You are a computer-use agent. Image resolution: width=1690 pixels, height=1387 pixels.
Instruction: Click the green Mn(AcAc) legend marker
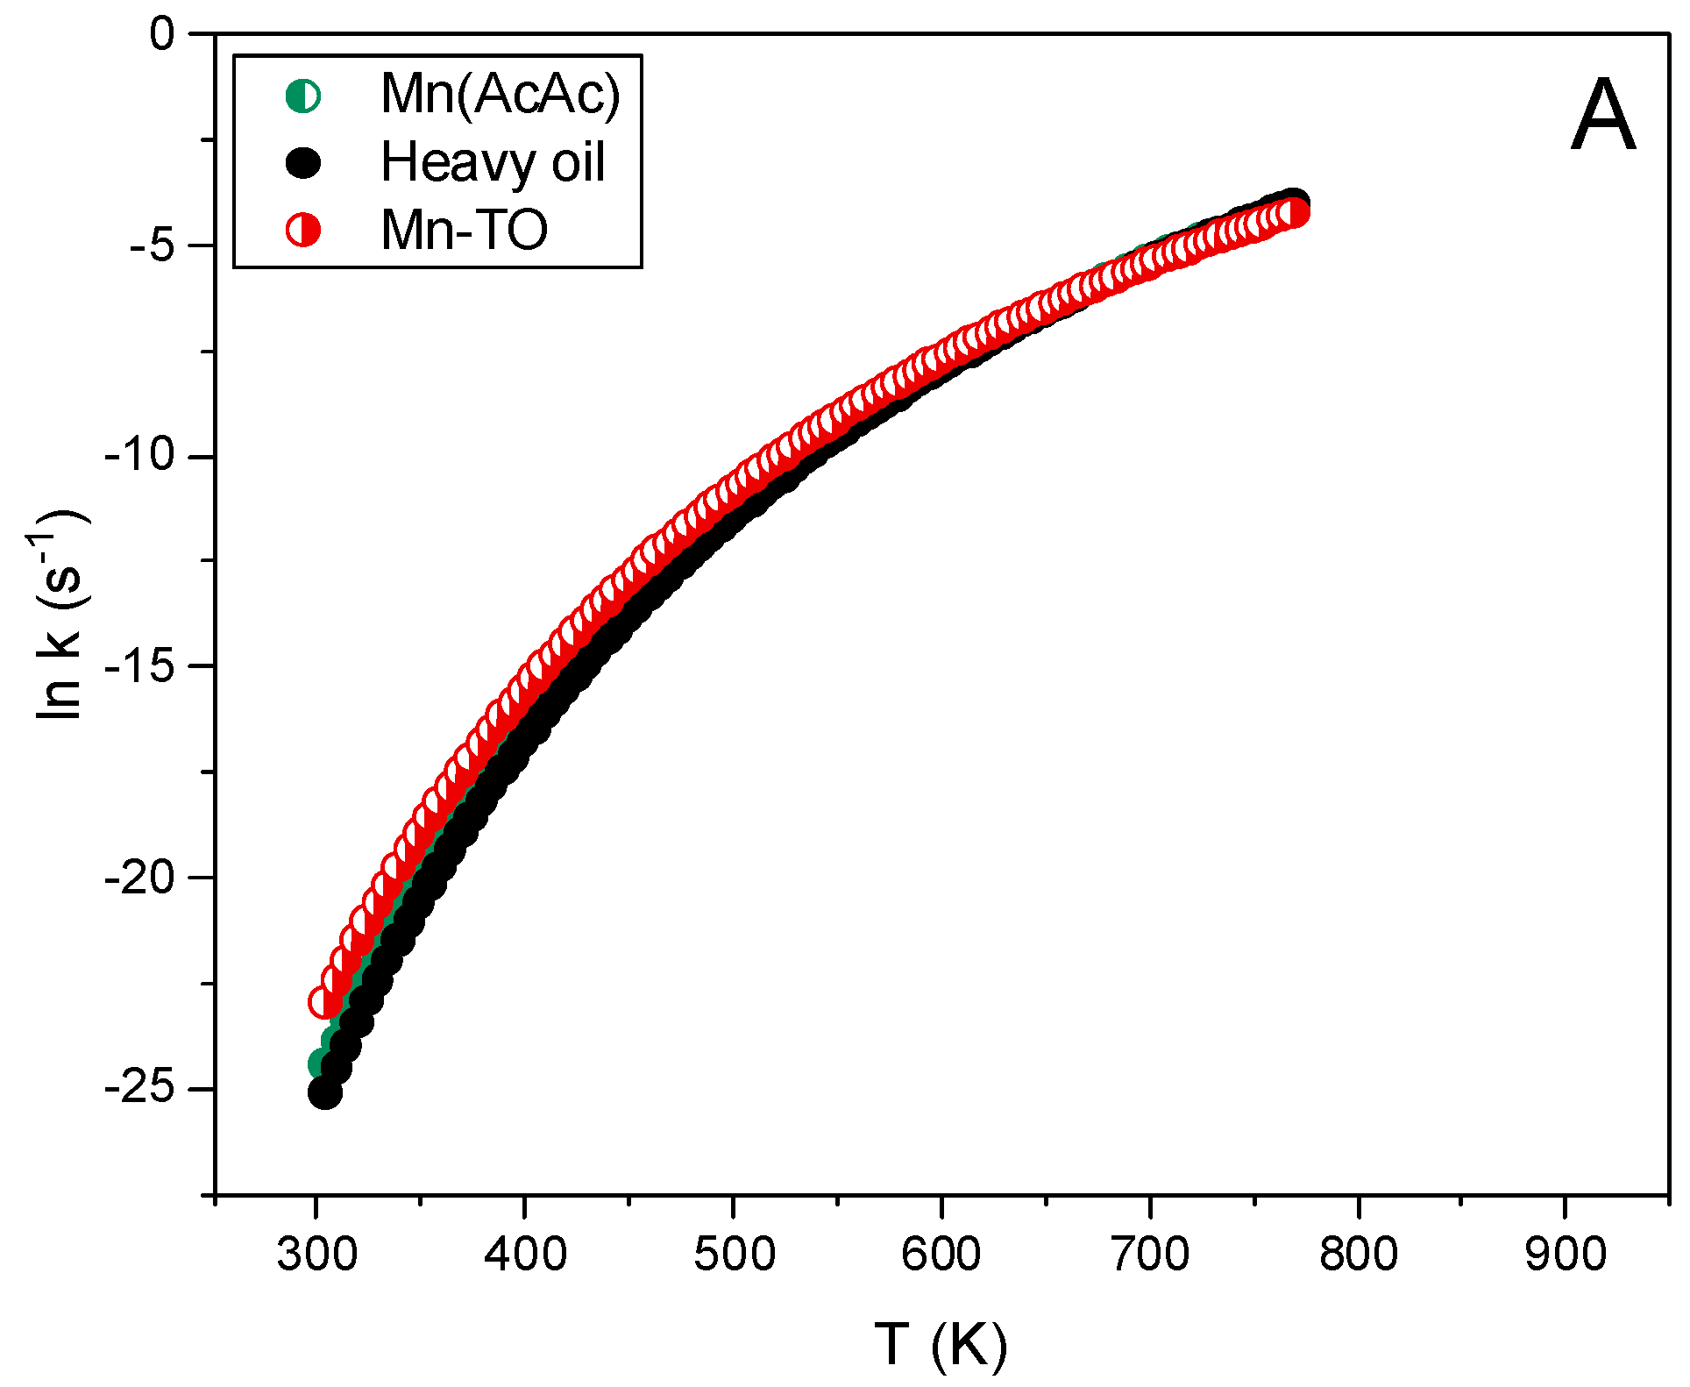pyautogui.click(x=303, y=96)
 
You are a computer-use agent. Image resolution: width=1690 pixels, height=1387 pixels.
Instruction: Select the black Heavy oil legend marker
pyautogui.click(x=303, y=162)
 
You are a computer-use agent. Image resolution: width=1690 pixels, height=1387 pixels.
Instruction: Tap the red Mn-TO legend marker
pyautogui.click(x=303, y=230)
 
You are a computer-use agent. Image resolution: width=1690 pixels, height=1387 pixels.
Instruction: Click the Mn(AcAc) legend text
pyautogui.click(x=501, y=94)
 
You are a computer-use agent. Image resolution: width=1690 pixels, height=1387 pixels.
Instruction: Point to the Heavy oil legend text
pyautogui.click(x=493, y=162)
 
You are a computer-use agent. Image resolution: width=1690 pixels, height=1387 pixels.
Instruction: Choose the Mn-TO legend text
pyautogui.click(x=464, y=230)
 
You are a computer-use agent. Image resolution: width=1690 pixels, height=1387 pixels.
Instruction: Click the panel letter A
pyautogui.click(x=1602, y=116)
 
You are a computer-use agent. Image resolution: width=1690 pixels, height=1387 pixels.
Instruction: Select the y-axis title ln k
pyautogui.click(x=60, y=614)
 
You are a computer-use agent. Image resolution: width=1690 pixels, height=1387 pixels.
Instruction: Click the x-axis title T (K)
pyautogui.click(x=941, y=1344)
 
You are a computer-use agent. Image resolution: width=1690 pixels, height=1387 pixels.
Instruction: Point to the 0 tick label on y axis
pyautogui.click(x=162, y=35)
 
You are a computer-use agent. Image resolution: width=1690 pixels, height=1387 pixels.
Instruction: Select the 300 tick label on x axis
pyautogui.click(x=316, y=1254)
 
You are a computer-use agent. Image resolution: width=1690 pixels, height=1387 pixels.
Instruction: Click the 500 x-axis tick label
pyautogui.click(x=734, y=1254)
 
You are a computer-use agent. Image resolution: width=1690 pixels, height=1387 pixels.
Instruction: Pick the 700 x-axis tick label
pyautogui.click(x=1150, y=1254)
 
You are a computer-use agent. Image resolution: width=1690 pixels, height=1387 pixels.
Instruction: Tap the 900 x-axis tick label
pyautogui.click(x=1566, y=1254)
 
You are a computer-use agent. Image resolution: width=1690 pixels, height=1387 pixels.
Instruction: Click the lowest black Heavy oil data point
pyautogui.click(x=324, y=1092)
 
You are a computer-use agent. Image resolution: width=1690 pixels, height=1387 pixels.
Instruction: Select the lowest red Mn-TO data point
pyautogui.click(x=324, y=1002)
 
